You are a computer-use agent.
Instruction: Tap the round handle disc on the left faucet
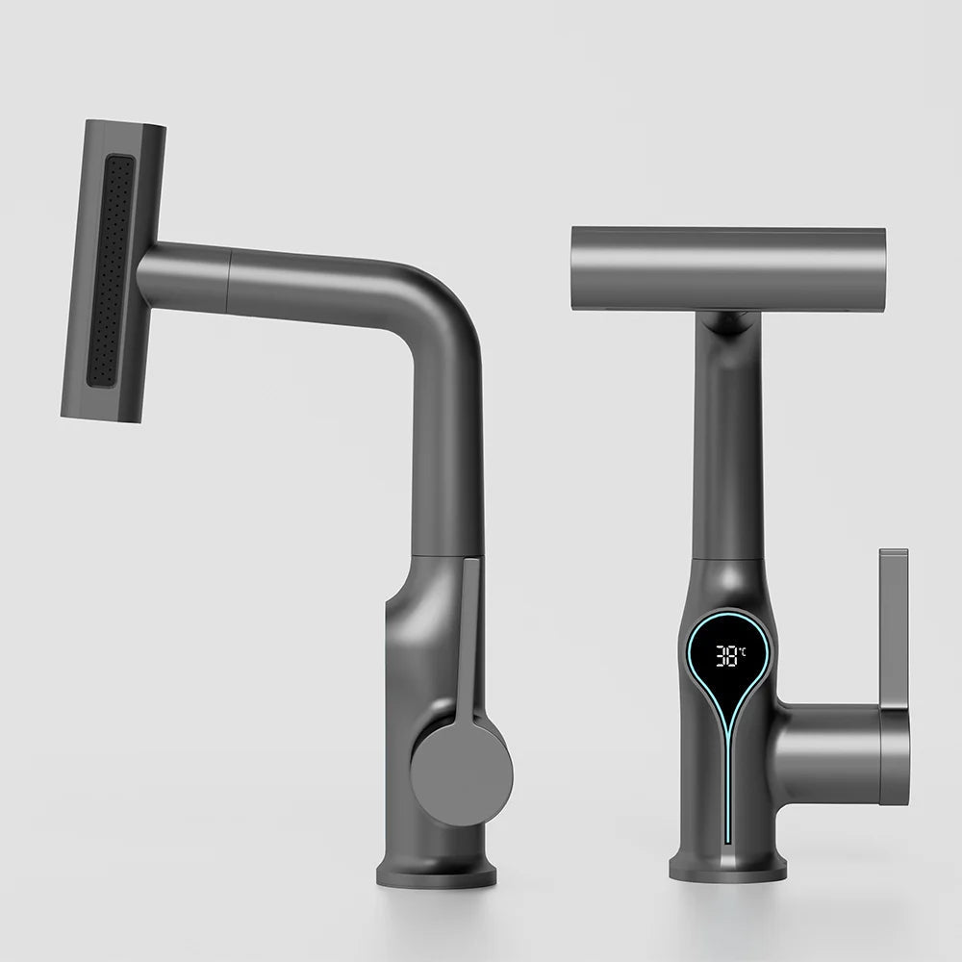click(x=461, y=773)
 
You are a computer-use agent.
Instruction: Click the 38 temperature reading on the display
click(x=727, y=656)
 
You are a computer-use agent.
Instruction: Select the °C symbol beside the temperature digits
click(x=743, y=650)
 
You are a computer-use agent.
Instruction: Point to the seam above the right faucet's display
click(x=727, y=558)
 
